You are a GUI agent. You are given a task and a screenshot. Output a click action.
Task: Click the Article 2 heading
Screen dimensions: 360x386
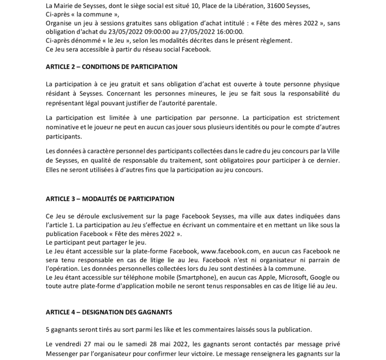[x=111, y=67]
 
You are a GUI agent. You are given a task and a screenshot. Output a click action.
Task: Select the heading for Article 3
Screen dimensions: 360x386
[x=110, y=199]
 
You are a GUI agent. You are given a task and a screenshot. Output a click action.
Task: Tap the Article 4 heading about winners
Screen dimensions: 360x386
[x=109, y=311]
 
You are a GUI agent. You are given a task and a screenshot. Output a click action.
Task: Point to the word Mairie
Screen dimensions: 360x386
[x=65, y=5]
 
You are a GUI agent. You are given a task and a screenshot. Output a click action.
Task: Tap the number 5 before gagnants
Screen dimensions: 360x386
[x=48, y=329]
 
